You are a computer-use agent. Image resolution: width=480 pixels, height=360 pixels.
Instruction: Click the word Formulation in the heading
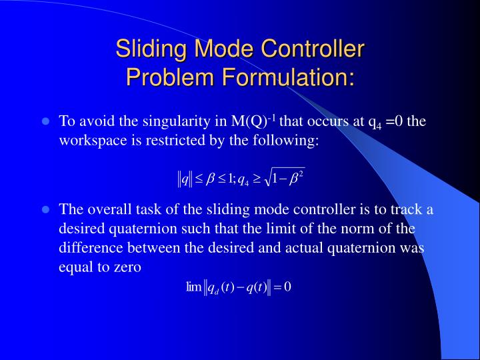287,77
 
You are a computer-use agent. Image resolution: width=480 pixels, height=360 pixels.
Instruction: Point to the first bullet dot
46,122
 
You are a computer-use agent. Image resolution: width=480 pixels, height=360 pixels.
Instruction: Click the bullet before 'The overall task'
46,209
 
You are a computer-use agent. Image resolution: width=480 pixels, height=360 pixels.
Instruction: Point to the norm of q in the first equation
185,179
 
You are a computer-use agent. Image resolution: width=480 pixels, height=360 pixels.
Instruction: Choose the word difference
89,247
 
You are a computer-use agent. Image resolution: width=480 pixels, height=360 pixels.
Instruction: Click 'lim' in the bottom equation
194,287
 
